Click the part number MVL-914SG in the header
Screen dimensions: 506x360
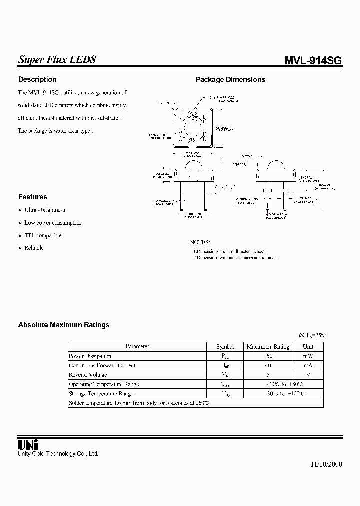coord(313,61)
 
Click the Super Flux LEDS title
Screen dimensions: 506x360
coord(57,60)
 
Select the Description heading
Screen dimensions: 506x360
coord(37,79)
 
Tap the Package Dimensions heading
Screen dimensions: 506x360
coord(230,79)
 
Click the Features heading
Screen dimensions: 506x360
coord(33,197)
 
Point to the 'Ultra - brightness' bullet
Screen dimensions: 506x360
coord(45,210)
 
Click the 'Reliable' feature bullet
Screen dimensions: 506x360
coord(34,248)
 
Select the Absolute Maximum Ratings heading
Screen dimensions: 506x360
coord(64,325)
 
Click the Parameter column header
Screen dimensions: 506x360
coord(137,346)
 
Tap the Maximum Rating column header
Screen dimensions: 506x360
coord(268,346)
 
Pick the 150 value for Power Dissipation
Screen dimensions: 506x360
coord(268,356)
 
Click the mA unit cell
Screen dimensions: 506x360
coord(308,365)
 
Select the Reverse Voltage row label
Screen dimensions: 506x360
coord(88,375)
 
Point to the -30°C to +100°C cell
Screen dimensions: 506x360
coord(283,394)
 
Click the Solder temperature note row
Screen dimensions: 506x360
coord(138,403)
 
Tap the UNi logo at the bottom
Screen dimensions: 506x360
coord(28,444)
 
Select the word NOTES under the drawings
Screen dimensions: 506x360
coord(200,242)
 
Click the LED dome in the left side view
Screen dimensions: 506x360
coord(194,165)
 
